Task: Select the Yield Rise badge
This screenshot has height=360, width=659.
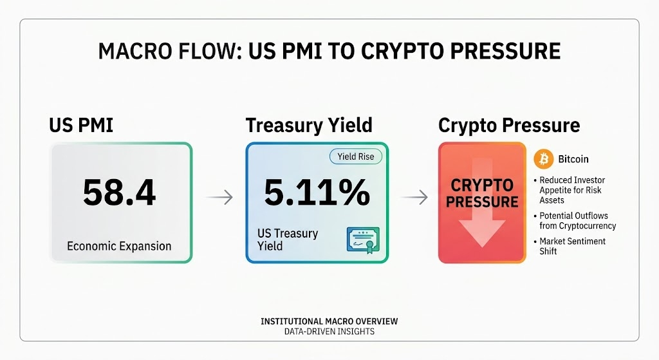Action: (x=355, y=156)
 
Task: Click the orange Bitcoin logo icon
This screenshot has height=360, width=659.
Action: (x=544, y=159)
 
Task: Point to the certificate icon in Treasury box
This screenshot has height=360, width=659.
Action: (x=363, y=240)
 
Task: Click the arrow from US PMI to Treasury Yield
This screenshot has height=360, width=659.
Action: (x=219, y=197)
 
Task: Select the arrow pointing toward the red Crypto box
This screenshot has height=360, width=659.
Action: (x=414, y=197)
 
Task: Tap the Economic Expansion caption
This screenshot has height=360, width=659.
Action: (x=119, y=246)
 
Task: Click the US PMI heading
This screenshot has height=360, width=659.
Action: (x=81, y=126)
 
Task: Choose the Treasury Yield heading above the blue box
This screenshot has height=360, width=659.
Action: (x=309, y=126)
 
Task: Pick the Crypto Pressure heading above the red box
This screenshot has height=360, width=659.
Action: (x=509, y=126)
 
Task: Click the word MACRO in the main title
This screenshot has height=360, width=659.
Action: (x=135, y=52)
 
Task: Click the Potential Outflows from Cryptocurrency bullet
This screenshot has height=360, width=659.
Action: (x=575, y=220)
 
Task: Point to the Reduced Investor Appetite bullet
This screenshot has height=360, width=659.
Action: (x=570, y=190)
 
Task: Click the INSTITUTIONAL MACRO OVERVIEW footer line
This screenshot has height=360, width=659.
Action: (x=329, y=321)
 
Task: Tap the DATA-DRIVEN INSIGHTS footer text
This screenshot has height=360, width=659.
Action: (x=329, y=332)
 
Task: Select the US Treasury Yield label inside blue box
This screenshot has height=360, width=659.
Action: (x=288, y=240)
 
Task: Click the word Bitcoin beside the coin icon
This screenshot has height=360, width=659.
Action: (x=573, y=159)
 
